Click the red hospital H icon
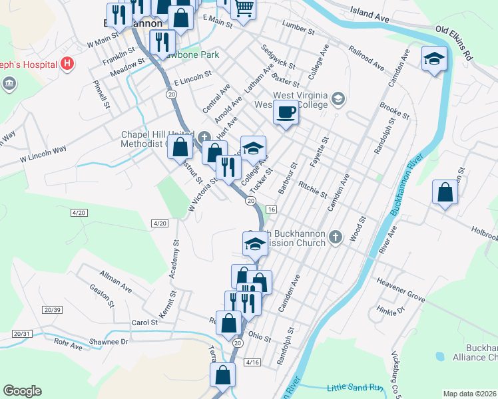coord(67,65)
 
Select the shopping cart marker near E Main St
coord(244,9)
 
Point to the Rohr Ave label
coord(68,346)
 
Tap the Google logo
coord(22,391)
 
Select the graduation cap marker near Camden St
coord(434,60)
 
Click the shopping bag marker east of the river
coord(445,194)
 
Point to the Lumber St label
coord(298,27)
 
